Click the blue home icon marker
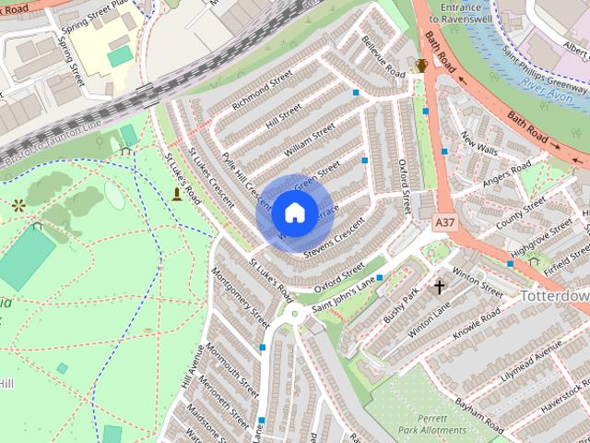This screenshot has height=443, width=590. coord(293,212)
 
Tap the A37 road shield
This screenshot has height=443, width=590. coord(443,223)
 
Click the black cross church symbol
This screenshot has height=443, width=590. coord(440,287)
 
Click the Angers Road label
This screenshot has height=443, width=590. coord(508,174)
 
